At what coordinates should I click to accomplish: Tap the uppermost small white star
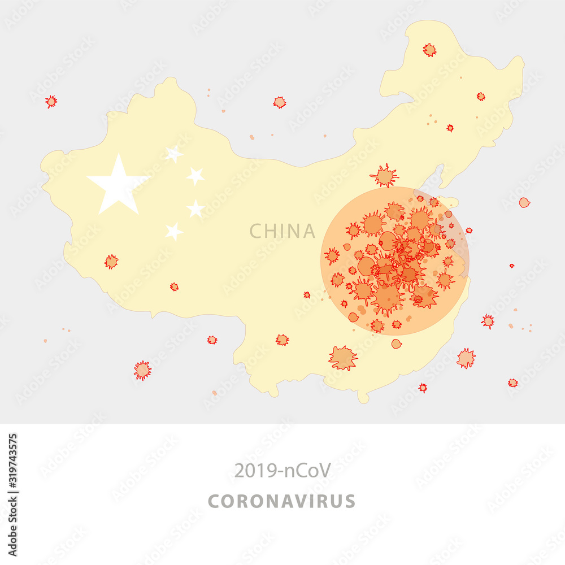pyautogui.click(x=174, y=154)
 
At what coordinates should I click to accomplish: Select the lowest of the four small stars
pyautogui.click(x=174, y=231)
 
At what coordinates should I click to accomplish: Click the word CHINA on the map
pyautogui.click(x=282, y=231)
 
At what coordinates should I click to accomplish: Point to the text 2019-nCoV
pyautogui.click(x=282, y=470)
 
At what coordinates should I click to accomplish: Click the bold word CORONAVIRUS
pyautogui.click(x=282, y=501)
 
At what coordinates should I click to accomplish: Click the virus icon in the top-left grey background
pyautogui.click(x=51, y=101)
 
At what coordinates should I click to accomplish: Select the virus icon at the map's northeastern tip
pyautogui.click(x=429, y=50)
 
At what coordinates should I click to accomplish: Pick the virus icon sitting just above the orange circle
pyautogui.click(x=385, y=176)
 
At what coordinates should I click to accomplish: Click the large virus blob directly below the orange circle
pyautogui.click(x=342, y=358)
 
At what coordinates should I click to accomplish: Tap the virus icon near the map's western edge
pyautogui.click(x=111, y=261)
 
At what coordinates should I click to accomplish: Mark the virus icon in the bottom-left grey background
pyautogui.click(x=142, y=370)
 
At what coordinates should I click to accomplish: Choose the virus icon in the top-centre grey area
pyautogui.click(x=279, y=102)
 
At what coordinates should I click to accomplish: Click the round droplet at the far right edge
pyautogui.click(x=524, y=202)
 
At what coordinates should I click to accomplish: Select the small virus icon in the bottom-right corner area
pyautogui.click(x=512, y=383)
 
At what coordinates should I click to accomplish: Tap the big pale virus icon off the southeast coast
pyautogui.click(x=466, y=358)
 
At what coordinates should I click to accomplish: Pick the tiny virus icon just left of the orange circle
pyautogui.click(x=307, y=294)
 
